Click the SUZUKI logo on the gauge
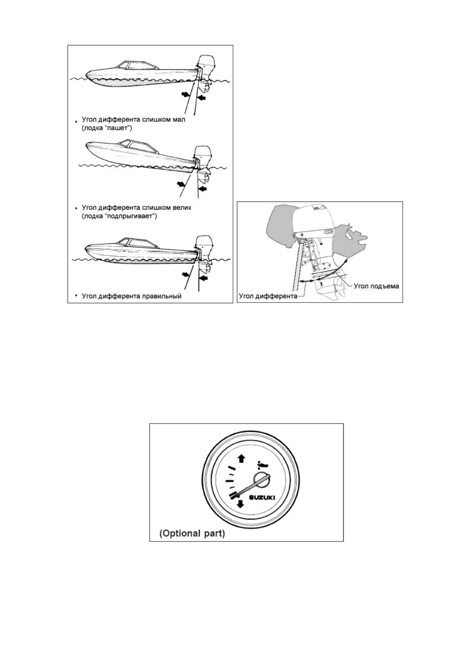point(262,498)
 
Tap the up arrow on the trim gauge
point(241,458)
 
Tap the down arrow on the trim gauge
point(240,504)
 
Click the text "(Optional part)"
point(192,534)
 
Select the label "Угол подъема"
point(376,286)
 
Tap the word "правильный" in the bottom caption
point(162,296)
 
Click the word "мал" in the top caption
point(179,119)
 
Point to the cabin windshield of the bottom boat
point(124,242)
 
